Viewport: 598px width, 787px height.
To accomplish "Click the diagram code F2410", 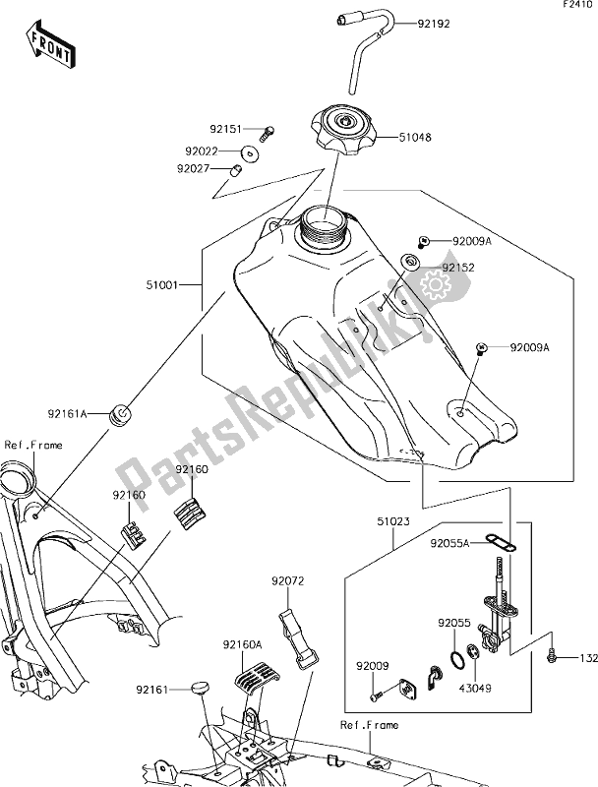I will click(x=576, y=7).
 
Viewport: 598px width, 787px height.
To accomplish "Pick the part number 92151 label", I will click(x=227, y=129).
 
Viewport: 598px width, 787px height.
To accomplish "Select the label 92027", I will click(x=196, y=168).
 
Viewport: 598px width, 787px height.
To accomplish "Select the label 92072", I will click(x=291, y=581).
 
